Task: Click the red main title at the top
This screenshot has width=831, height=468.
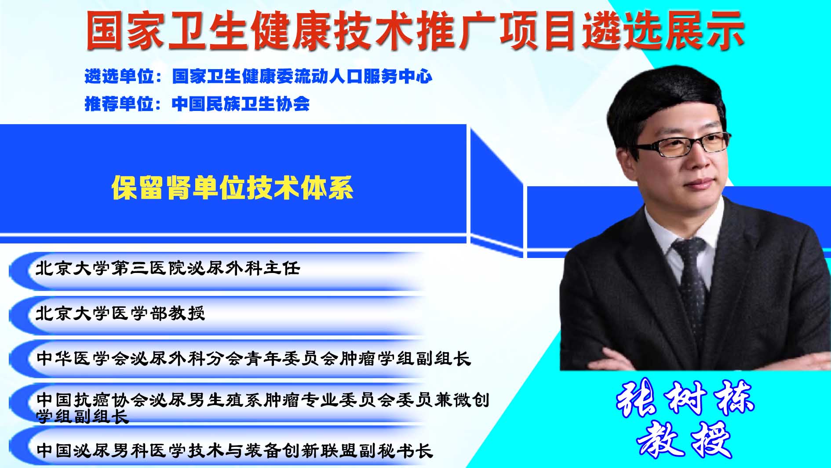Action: click(415, 30)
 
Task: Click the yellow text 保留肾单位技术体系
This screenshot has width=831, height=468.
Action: click(233, 188)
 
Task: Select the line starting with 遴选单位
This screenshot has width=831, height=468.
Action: click(259, 77)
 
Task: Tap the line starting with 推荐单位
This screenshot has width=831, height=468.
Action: click(197, 104)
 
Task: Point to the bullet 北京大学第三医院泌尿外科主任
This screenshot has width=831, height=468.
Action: click(168, 268)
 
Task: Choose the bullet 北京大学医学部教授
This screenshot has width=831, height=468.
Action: click(120, 313)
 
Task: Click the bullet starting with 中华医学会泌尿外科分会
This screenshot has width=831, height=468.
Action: click(254, 358)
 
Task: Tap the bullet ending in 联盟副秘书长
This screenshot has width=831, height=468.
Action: click(235, 450)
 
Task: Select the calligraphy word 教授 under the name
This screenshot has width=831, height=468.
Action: click(684, 439)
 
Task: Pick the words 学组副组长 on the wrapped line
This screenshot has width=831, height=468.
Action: click(82, 416)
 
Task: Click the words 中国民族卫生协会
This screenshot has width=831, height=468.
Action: click(241, 104)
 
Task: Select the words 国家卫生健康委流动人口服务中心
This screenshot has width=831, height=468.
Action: click(303, 77)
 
